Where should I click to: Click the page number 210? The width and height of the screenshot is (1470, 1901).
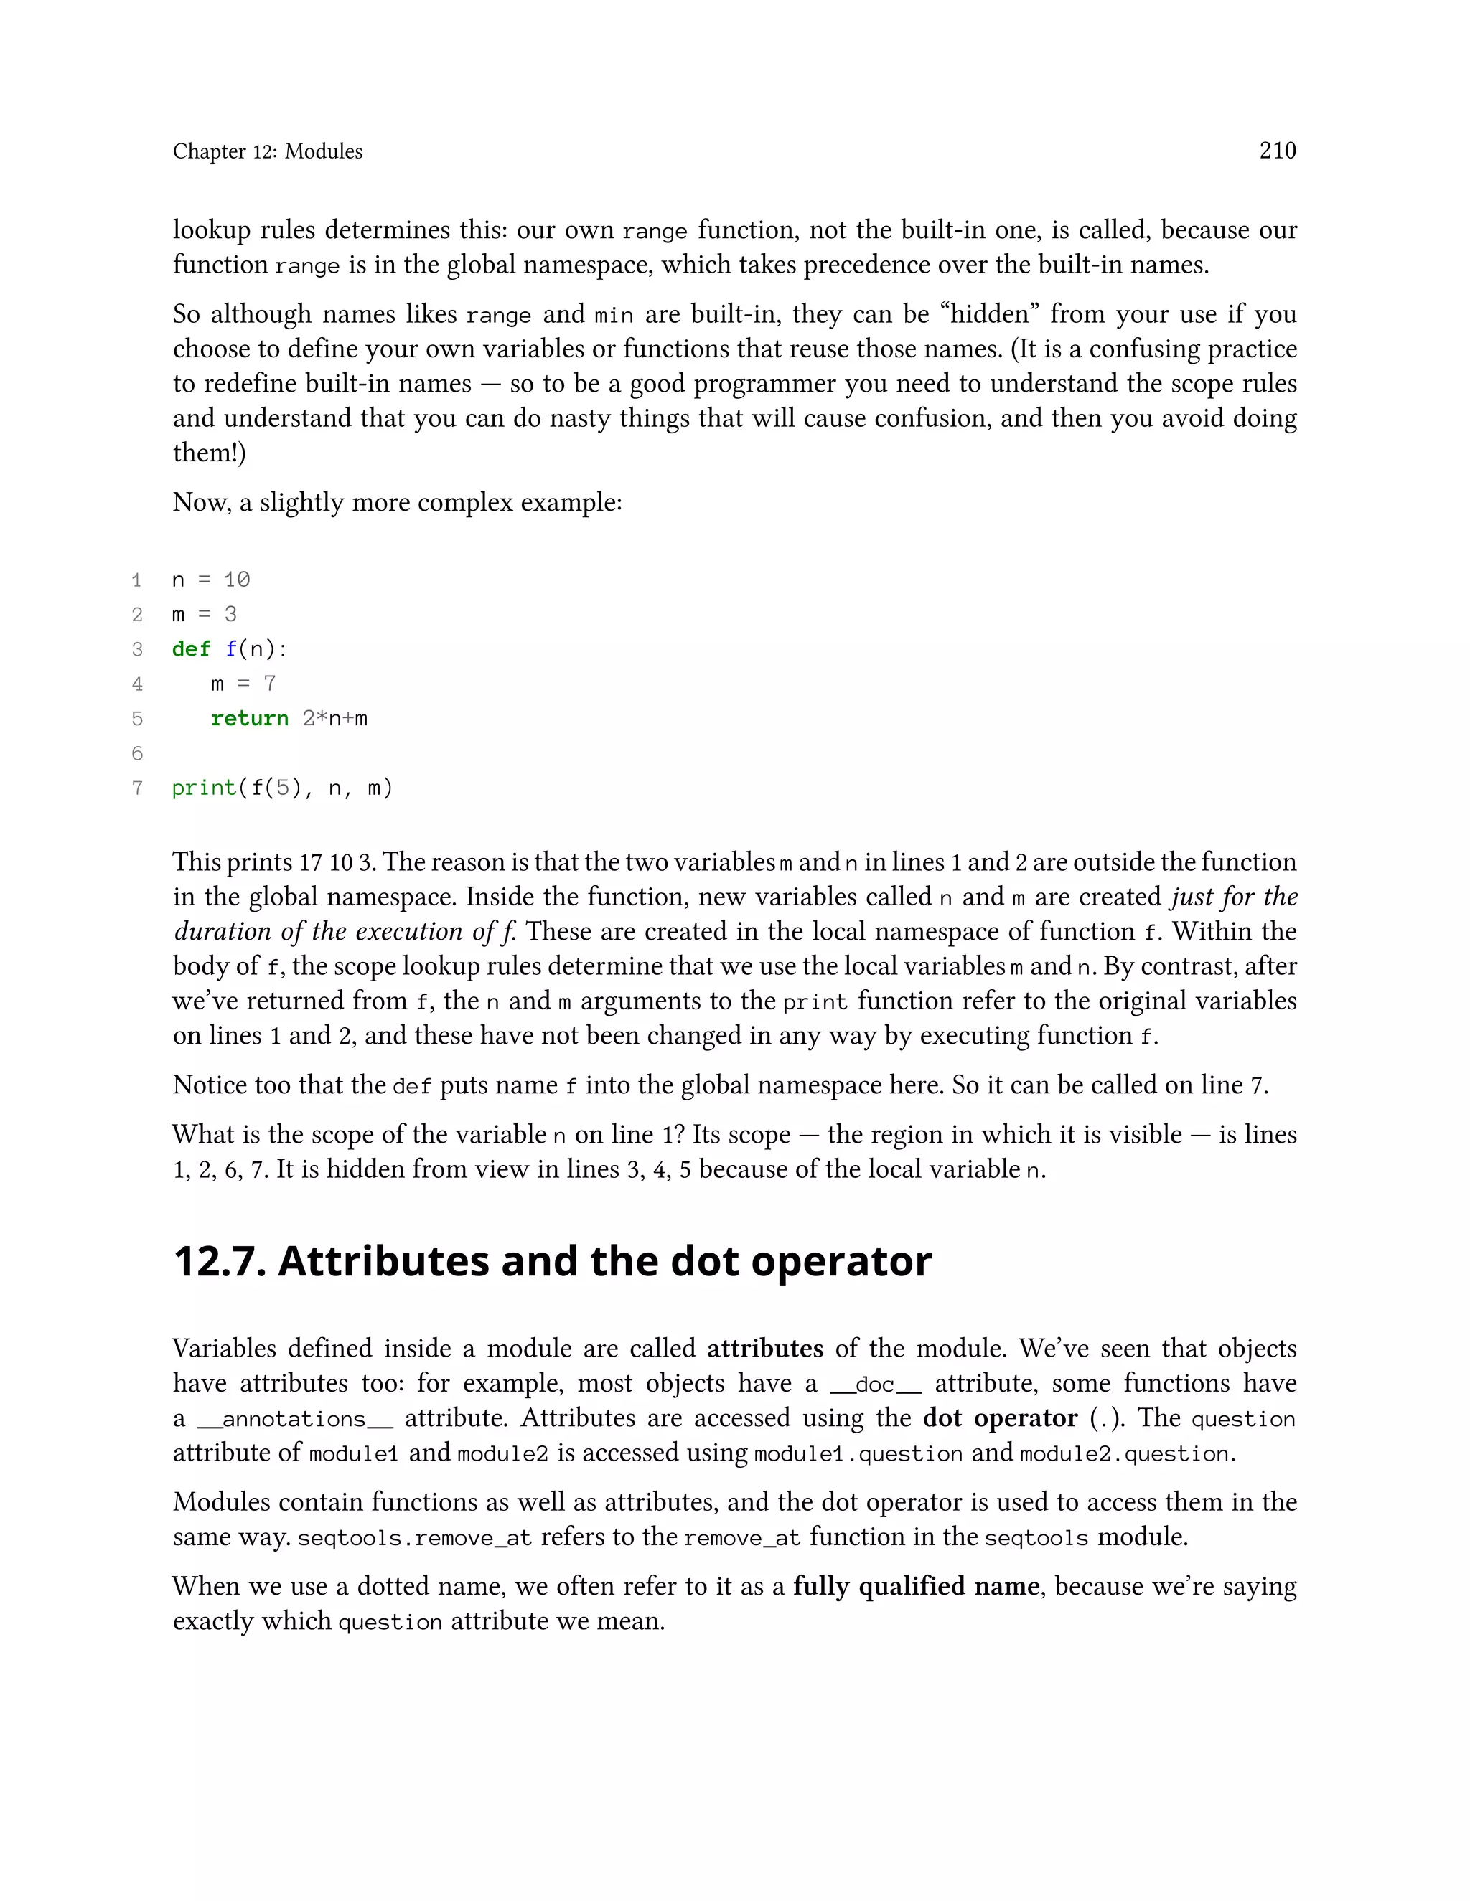click(1277, 151)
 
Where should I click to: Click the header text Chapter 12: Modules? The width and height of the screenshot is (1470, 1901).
click(267, 151)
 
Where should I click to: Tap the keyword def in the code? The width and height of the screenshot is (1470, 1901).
click(191, 649)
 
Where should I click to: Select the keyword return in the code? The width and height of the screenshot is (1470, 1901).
click(249, 719)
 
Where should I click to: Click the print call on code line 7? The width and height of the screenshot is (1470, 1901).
click(204, 788)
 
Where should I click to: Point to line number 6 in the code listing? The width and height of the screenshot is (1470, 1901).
click(136, 754)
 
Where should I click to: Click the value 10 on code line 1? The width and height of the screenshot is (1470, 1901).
click(236, 580)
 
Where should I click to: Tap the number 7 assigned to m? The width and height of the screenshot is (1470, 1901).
click(269, 684)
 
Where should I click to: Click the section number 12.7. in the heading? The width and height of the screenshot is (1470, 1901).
click(220, 1262)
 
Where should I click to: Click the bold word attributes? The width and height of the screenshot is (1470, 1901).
click(764, 1349)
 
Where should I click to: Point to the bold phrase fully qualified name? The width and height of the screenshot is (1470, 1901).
click(915, 1587)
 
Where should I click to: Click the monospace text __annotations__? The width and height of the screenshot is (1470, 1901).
click(294, 1420)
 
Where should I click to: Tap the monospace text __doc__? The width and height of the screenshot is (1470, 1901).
click(875, 1385)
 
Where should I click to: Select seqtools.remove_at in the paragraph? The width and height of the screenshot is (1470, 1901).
click(415, 1538)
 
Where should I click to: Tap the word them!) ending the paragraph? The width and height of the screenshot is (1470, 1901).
click(209, 453)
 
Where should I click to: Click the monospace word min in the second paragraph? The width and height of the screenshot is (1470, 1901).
click(613, 315)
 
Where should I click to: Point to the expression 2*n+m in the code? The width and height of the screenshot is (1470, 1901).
click(334, 719)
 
